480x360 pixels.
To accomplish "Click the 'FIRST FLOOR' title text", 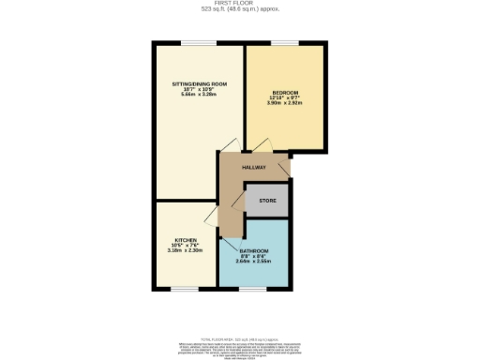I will coord(239,3).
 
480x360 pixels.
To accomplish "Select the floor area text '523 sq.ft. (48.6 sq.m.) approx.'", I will coord(239,9).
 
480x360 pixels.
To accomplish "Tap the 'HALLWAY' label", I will coord(254,167).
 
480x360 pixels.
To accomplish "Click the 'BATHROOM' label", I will coord(254,251).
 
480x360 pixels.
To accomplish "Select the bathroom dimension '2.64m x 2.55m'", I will coord(254,262).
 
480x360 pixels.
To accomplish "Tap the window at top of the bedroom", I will coord(286,42).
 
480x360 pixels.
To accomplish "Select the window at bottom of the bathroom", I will coord(253,289).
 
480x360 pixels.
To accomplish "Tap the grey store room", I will coord(267,202).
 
